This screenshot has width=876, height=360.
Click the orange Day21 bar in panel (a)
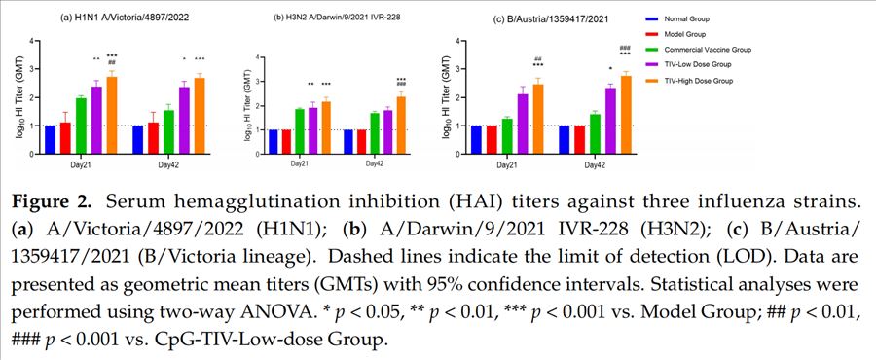112,116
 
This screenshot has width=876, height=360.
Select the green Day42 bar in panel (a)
168,132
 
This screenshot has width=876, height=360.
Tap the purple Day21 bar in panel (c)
523,125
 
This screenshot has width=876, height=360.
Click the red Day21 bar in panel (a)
65,138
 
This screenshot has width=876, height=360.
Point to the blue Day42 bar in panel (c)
565,140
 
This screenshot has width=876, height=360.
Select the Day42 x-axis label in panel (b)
375,164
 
